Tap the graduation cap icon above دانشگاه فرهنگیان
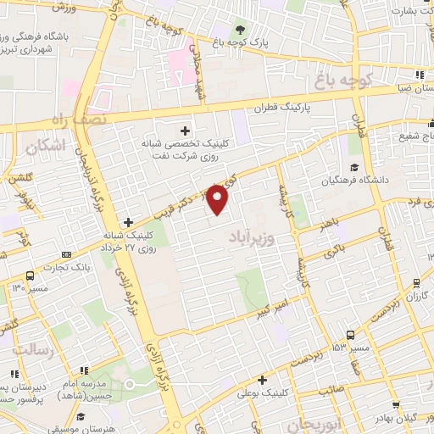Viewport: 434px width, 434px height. click(353, 167)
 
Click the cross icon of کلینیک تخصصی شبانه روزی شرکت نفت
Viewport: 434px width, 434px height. click(185, 131)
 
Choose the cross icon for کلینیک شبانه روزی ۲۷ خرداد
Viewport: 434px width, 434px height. click(128, 221)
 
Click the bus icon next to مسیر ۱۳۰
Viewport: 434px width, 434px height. click(31, 275)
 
